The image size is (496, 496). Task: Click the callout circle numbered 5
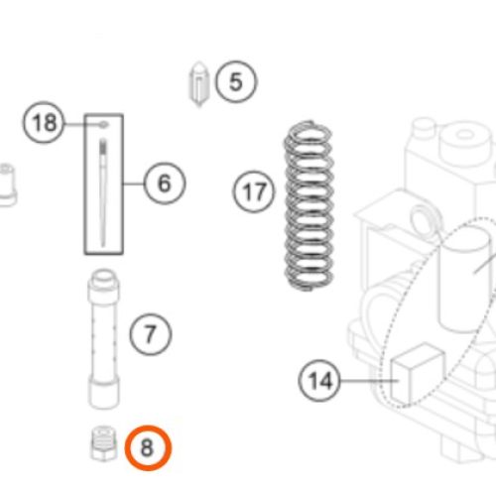pyautogui.click(x=236, y=81)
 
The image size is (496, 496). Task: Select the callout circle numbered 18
pyautogui.click(x=44, y=122)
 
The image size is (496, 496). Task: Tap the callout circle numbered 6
pyautogui.click(x=165, y=183)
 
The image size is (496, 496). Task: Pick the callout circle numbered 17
pyautogui.click(x=254, y=191)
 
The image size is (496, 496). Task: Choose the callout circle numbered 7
pyautogui.click(x=151, y=334)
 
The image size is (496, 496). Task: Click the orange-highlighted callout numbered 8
pyautogui.click(x=148, y=447)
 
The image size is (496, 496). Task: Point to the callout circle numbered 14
pyautogui.click(x=319, y=381)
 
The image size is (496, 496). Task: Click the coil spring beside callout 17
pyautogui.click(x=309, y=205)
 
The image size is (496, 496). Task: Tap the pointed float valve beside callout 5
pyautogui.click(x=199, y=84)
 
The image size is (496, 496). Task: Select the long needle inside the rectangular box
pyautogui.click(x=103, y=191)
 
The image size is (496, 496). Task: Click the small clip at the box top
pyautogui.click(x=103, y=125)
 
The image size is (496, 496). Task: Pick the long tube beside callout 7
pyautogui.click(x=104, y=339)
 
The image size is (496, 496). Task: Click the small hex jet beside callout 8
pyautogui.click(x=104, y=443)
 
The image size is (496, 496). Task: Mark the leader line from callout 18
pyautogui.click(x=82, y=124)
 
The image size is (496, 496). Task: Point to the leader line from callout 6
pyautogui.click(x=134, y=184)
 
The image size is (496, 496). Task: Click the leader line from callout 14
pyautogui.click(x=369, y=381)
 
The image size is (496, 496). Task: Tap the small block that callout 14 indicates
pyautogui.click(x=418, y=374)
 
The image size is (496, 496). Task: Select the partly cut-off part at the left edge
pyautogui.click(x=7, y=186)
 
